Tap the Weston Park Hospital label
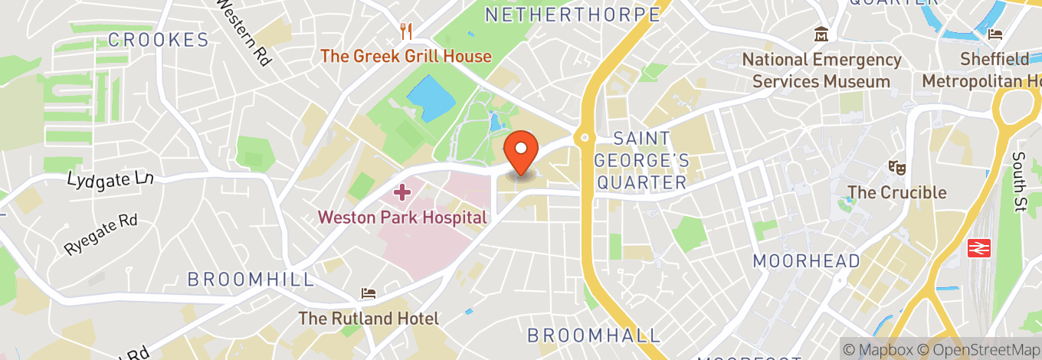click(x=402, y=218)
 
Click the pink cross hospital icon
click(x=402, y=192)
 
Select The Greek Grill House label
click(x=406, y=56)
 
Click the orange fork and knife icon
click(x=406, y=32)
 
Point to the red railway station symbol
click(x=978, y=247)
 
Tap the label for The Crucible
click(x=896, y=192)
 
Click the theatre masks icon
click(x=895, y=167)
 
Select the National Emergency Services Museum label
click(x=821, y=70)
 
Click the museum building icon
click(x=821, y=34)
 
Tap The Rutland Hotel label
click(x=369, y=319)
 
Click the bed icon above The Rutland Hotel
click(x=369, y=293)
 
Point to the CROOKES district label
click(x=159, y=41)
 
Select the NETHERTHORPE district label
click(x=572, y=15)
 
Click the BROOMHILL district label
click(x=251, y=280)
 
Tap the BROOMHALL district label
click(x=594, y=335)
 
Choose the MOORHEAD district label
click(x=807, y=261)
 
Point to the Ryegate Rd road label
click(x=100, y=234)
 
